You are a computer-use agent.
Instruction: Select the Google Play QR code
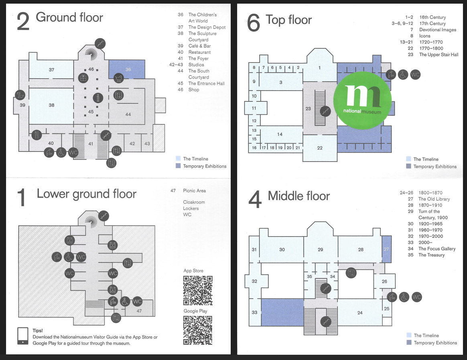coord(197,330)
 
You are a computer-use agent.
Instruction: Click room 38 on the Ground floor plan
coord(51,105)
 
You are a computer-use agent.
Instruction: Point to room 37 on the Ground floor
coord(51,70)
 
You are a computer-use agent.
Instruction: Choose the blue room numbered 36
coord(128,69)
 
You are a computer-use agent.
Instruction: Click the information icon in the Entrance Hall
coord(98,97)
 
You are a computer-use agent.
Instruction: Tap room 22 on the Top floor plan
coord(320,148)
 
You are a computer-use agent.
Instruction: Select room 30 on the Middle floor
coord(282,249)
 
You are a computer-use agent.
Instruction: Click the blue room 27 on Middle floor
coord(386,249)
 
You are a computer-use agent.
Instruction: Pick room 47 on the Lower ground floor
coord(139,310)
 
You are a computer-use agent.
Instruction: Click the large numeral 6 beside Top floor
coord(254,23)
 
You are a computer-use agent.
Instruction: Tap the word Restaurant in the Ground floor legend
coord(199,52)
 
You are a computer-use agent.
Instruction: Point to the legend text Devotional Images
coord(438,30)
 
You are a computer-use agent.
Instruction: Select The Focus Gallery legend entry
coord(437,249)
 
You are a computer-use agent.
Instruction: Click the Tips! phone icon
coord(23,336)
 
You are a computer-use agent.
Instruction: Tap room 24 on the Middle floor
coord(360,313)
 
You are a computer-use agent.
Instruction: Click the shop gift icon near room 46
coord(83,78)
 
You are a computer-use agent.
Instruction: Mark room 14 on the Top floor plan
coord(280,134)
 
